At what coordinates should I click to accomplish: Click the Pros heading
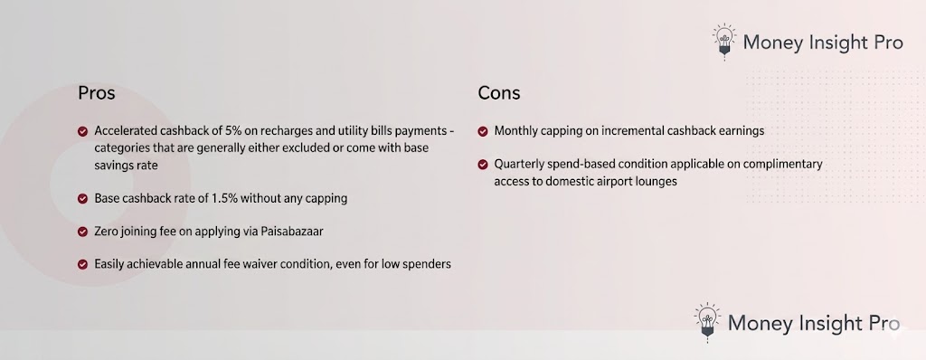pos(96,93)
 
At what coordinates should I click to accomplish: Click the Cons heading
pos(499,93)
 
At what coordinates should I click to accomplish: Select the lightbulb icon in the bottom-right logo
pos(708,323)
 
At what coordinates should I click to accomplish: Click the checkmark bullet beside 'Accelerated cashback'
pos(82,131)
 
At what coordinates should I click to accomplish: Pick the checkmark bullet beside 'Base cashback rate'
pos(82,198)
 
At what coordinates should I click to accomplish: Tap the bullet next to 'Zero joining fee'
pos(82,232)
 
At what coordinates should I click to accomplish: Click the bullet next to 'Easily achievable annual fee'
pos(82,265)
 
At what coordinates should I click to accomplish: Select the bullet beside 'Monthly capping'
pos(483,131)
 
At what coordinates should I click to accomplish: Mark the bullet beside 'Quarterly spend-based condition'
pos(483,165)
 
